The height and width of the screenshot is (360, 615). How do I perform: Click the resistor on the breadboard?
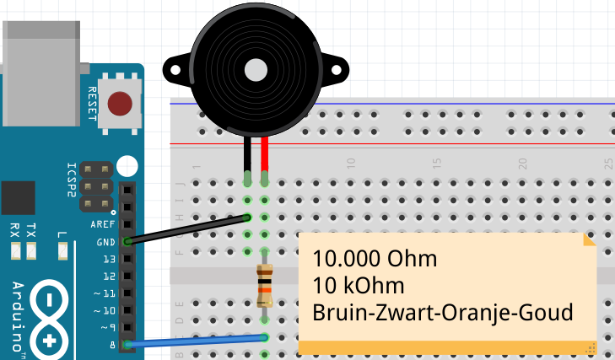[265, 285]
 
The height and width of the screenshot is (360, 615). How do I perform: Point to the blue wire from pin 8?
[194, 341]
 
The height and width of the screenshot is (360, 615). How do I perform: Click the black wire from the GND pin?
[186, 229]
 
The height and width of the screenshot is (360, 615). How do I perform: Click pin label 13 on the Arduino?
[108, 259]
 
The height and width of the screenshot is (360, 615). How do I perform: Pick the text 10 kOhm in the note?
[358, 285]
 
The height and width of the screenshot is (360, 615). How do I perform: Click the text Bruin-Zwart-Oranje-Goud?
[442, 312]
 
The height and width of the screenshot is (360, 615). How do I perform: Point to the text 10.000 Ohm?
[375, 258]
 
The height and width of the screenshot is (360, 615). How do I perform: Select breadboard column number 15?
[436, 161]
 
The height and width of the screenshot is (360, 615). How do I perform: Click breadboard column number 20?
[522, 161]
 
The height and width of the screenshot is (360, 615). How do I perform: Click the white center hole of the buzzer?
[254, 68]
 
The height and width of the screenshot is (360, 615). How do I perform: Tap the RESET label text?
[93, 104]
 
